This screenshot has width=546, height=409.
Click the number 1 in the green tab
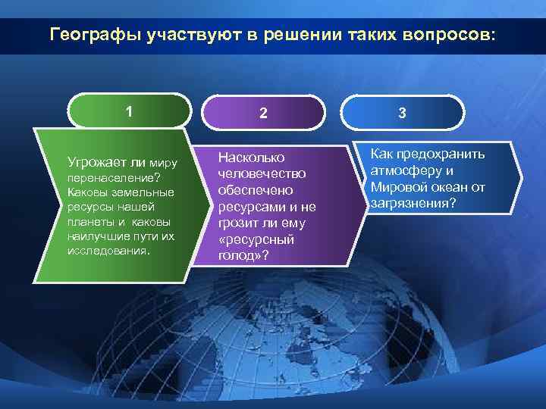(130, 111)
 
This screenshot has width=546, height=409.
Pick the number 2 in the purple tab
(263, 114)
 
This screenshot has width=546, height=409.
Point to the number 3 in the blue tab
(402, 114)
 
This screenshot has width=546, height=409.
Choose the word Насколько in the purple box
(251, 158)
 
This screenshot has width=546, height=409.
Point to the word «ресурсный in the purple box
(253, 240)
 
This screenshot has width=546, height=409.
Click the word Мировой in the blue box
(396, 187)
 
